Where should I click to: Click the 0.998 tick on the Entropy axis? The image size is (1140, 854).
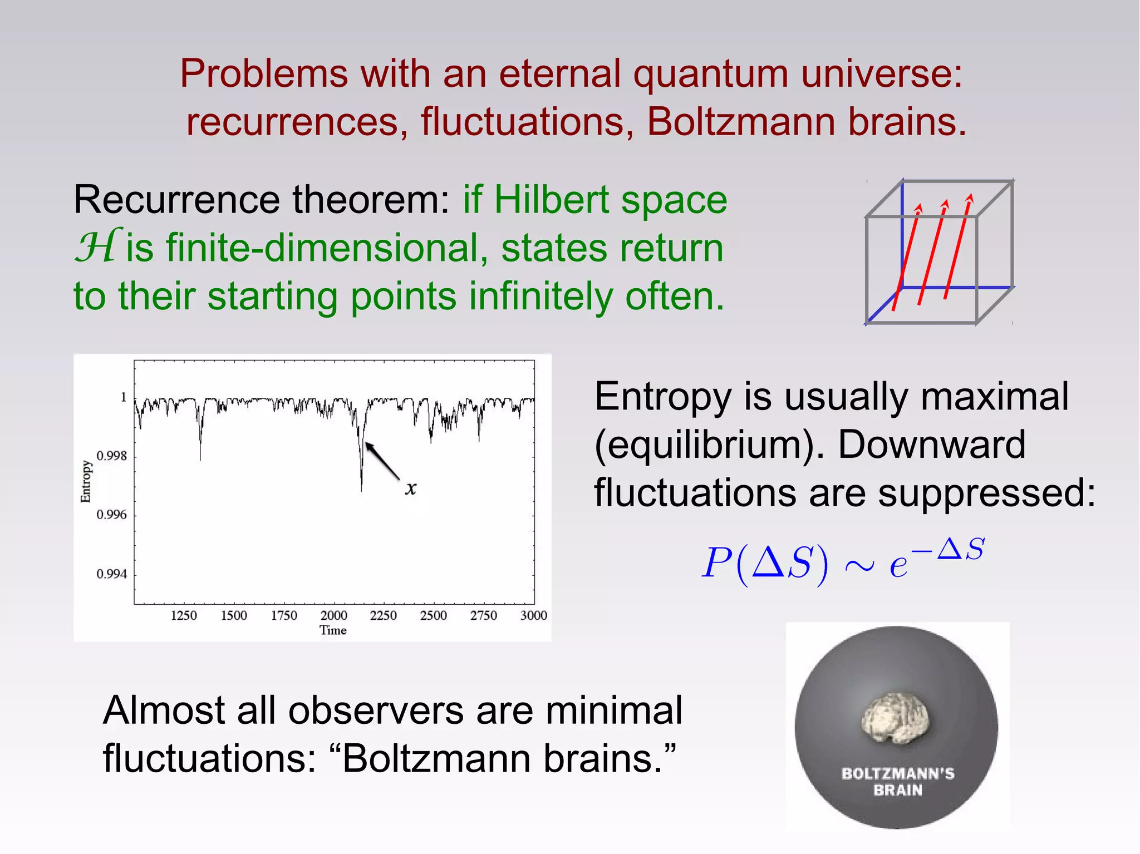point(112,456)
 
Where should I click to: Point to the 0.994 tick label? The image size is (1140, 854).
point(112,574)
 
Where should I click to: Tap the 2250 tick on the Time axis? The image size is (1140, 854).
point(384,615)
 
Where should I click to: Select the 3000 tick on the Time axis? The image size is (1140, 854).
point(533,615)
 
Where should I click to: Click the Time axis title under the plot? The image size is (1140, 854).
point(333,630)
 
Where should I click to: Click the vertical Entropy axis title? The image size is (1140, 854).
point(86,482)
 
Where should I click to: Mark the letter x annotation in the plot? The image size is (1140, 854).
point(411,488)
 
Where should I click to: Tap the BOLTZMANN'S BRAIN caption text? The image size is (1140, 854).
point(898,782)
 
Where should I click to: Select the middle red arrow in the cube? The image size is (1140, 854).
point(932,251)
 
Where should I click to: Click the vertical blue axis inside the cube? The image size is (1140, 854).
point(902,234)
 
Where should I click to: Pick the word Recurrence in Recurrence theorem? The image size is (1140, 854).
point(177,200)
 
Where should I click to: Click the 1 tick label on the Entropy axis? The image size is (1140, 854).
point(124,397)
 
